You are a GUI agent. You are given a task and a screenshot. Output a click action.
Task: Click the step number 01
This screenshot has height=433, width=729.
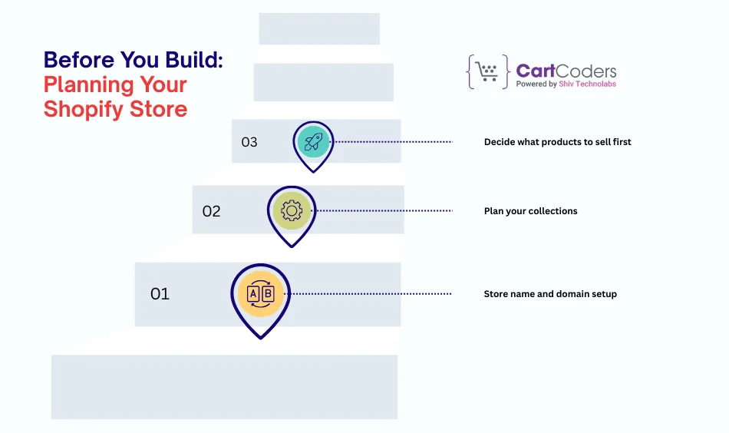point(160,294)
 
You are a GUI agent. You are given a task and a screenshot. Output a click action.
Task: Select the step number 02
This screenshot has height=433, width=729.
point(211,211)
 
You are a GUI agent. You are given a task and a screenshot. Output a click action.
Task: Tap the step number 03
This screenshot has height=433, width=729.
point(249,142)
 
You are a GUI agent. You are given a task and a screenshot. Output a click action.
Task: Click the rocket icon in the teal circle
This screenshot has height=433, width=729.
point(313,142)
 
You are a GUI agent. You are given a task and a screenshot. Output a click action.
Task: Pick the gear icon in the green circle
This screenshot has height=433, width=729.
point(292,210)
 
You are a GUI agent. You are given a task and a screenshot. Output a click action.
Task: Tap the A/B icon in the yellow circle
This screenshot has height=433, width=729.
point(261,294)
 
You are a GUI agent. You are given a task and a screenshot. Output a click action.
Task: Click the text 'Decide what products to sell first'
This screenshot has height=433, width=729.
point(557,142)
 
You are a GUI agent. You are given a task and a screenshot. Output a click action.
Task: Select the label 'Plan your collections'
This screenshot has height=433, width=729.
point(530,211)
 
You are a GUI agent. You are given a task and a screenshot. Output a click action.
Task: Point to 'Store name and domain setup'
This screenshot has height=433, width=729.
point(550,294)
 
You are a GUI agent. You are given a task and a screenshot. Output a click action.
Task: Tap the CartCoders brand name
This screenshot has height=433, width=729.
point(566,71)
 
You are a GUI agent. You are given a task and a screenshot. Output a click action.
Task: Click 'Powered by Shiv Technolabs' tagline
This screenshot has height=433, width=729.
point(566,84)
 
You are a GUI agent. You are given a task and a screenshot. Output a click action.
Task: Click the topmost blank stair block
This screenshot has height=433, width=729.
point(319,29)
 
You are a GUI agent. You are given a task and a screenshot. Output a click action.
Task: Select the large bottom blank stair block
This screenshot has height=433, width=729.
point(224,387)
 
